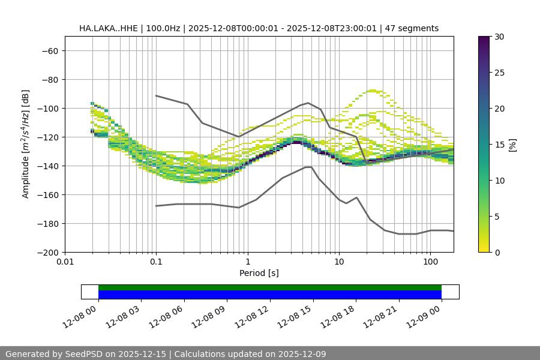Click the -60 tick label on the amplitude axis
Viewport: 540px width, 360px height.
click(x=49, y=51)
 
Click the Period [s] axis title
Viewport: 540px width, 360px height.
click(x=259, y=274)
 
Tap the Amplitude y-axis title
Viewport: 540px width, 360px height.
click(x=26, y=145)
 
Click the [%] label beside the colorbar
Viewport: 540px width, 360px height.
click(x=512, y=145)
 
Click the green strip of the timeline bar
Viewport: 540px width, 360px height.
click(x=270, y=287)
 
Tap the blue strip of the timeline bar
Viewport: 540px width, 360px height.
click(x=270, y=295)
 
